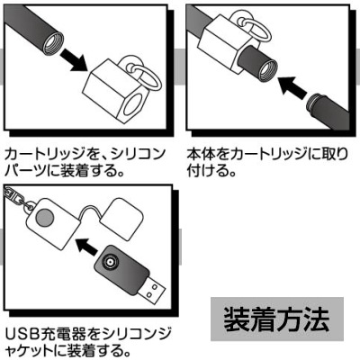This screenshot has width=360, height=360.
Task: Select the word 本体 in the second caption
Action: [x=202, y=152]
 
